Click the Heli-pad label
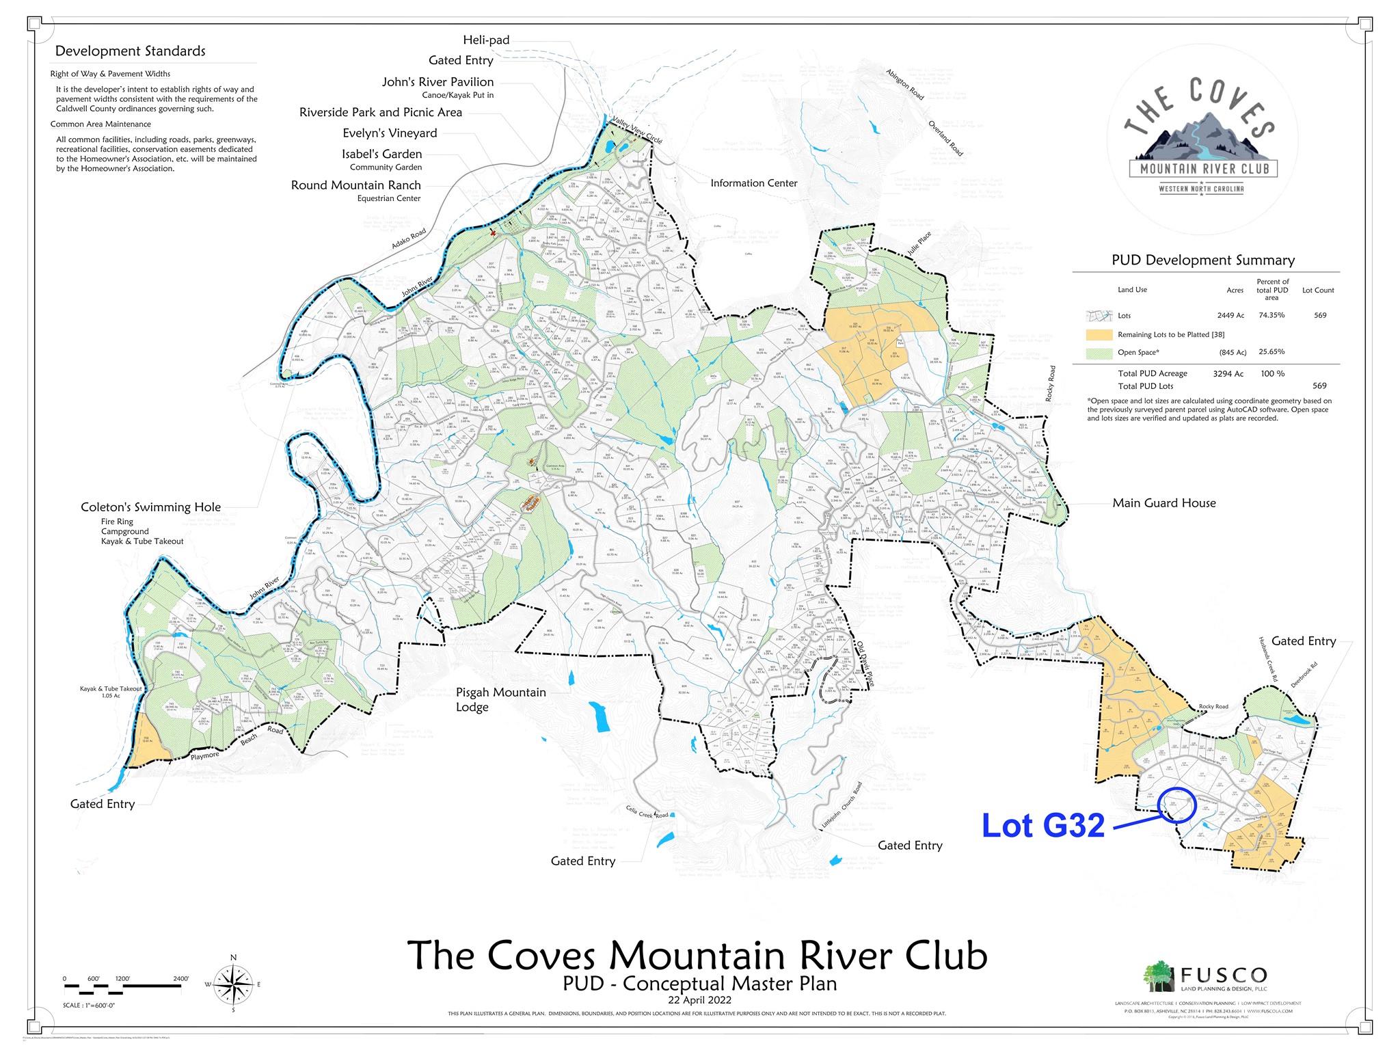485,40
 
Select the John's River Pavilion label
437,82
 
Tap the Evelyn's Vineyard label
390,133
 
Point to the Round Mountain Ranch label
355,185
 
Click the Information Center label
753,183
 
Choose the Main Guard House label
1163,503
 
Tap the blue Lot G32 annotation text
1043,826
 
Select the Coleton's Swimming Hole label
150,507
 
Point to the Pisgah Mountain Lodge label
500,699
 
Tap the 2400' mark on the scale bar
181,979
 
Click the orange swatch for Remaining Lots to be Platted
1098,335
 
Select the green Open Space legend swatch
1098,353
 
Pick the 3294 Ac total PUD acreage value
1228,374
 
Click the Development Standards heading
130,51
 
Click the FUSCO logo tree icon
1158,977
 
